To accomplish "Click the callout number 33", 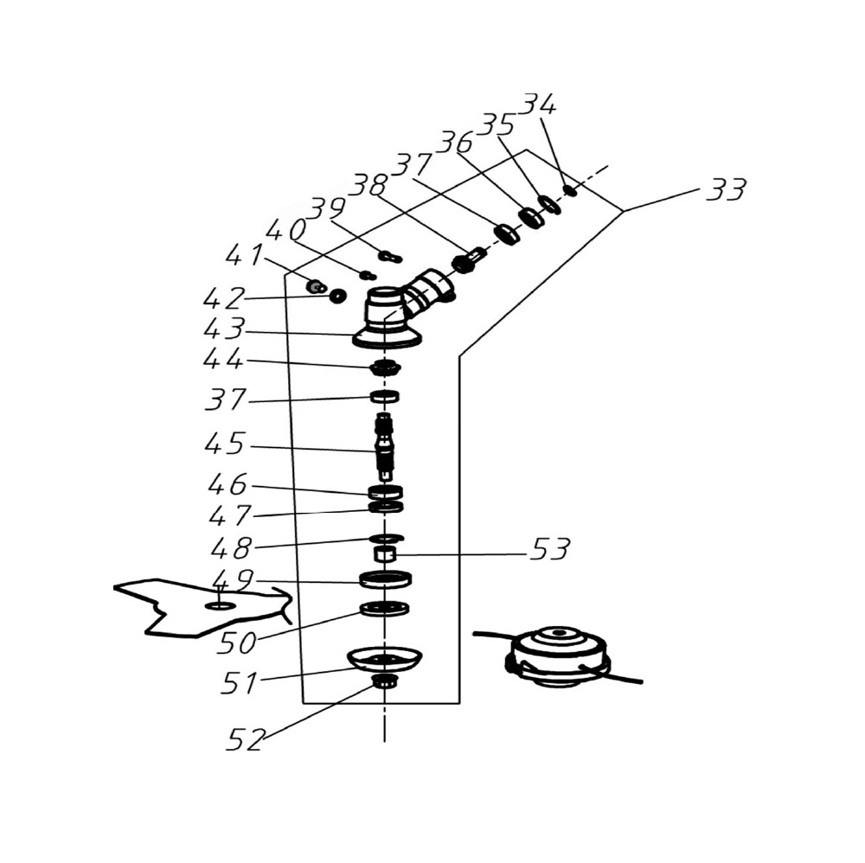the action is (x=726, y=189).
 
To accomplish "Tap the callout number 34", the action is (x=539, y=104).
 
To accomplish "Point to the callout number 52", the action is (x=246, y=739).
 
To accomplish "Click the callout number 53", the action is (x=549, y=549).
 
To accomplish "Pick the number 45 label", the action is (x=225, y=444).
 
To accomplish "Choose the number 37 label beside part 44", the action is (x=225, y=400).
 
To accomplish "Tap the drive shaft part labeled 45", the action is (x=385, y=445).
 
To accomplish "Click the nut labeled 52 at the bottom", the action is (x=382, y=681).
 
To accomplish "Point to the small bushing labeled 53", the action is (x=385, y=553).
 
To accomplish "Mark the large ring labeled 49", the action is (x=385, y=579).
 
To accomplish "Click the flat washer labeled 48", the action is (x=387, y=538).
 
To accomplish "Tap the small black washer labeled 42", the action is (x=337, y=297).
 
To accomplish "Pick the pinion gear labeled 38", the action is (x=468, y=259).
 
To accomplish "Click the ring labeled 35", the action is (x=549, y=203).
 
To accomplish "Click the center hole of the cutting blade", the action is (x=220, y=606).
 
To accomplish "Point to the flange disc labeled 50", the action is (x=385, y=609).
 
